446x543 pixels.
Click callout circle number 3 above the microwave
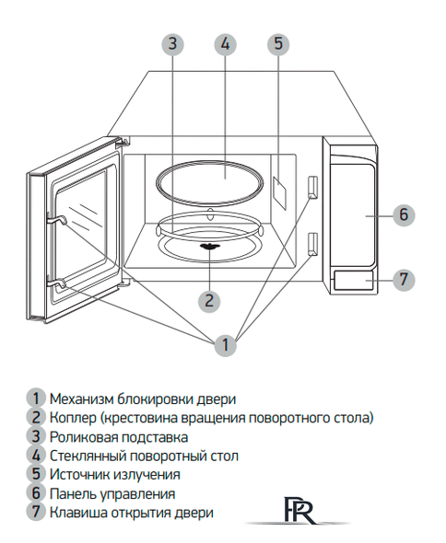pyautogui.click(x=172, y=44)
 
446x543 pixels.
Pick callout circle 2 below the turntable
pyautogui.click(x=210, y=299)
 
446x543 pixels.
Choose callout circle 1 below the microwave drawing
pyautogui.click(x=223, y=346)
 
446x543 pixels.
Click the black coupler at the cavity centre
pyautogui.click(x=210, y=248)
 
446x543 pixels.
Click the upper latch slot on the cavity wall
pyautogui.click(x=313, y=187)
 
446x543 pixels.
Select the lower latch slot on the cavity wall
pyautogui.click(x=312, y=242)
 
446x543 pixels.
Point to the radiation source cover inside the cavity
pyautogui.click(x=279, y=191)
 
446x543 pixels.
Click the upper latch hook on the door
pyautogui.click(x=56, y=218)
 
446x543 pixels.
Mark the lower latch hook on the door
pyautogui.click(x=57, y=286)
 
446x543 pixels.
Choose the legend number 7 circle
pyautogui.click(x=35, y=512)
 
